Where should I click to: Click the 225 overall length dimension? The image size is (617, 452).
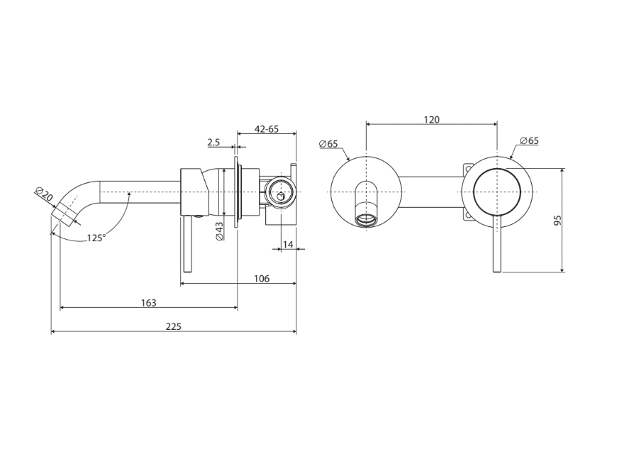click(x=174, y=326)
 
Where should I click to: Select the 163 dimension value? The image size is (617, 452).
click(x=149, y=303)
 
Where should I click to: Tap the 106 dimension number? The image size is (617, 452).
click(x=262, y=279)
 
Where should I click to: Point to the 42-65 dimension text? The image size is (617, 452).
click(x=267, y=128)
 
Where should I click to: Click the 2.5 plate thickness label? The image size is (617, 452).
click(x=213, y=142)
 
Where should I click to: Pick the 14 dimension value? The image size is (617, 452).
click(x=288, y=245)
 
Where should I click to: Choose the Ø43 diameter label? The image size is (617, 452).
click(x=219, y=231)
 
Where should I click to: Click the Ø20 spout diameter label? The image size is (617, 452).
click(x=44, y=194)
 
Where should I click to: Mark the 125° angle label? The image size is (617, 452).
click(x=96, y=238)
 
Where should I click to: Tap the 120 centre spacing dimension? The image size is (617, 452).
click(x=432, y=120)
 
